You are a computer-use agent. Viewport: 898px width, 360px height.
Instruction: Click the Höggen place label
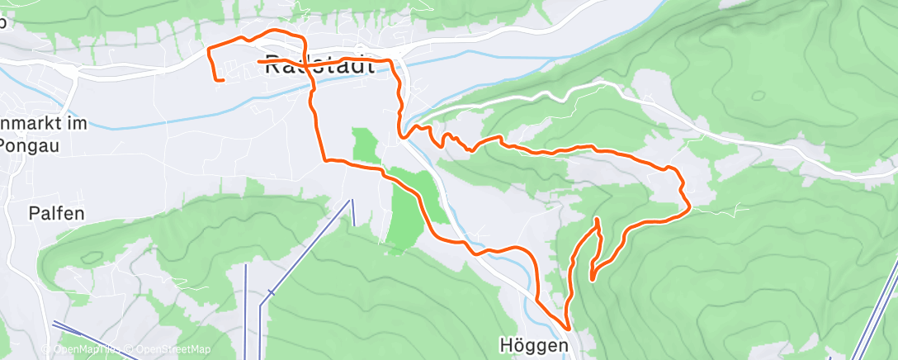(534, 345)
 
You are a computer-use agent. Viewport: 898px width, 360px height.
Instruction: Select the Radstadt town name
(320, 68)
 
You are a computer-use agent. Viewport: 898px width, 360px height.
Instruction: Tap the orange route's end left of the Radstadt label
(259, 61)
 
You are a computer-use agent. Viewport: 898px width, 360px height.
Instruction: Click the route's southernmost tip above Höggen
(568, 329)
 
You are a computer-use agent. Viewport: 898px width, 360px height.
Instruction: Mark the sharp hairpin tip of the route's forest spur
(597, 220)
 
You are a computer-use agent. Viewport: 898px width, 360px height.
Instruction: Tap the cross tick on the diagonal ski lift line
(272, 292)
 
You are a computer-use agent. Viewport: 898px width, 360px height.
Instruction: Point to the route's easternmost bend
(689, 206)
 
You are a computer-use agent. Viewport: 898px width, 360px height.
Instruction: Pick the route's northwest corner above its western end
(207, 50)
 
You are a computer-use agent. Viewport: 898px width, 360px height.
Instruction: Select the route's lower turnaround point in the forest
(592, 278)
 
